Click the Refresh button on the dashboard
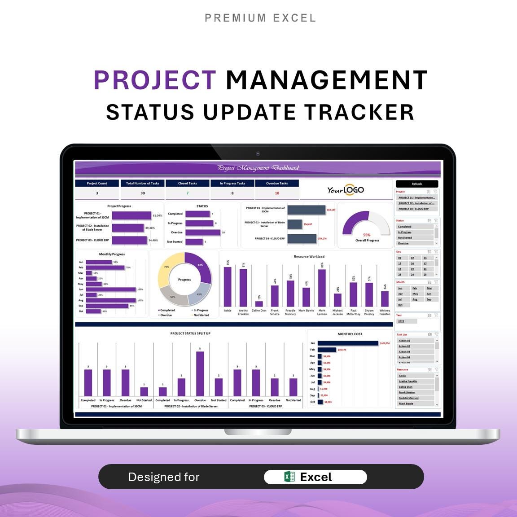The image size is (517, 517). pos(416,184)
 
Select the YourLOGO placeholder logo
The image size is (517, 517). pos(346,190)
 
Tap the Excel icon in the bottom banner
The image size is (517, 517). pos(289,477)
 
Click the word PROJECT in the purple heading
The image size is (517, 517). pos(155,80)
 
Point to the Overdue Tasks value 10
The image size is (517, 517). pos(277,193)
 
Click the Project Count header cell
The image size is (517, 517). pos(97,183)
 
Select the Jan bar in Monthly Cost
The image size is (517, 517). pos(348,343)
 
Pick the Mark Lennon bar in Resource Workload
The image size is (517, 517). pos(322,288)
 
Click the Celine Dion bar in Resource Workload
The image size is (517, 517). pos(259,303)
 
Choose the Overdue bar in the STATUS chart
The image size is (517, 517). pos(202,232)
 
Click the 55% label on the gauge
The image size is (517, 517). pos(367,235)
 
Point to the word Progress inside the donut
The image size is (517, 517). pos(184,280)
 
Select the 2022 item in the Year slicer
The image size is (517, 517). pos(401,321)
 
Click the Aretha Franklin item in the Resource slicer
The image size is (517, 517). pos(408,381)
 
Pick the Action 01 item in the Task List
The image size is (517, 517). pos(404,341)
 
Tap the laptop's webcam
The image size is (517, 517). pos(258,154)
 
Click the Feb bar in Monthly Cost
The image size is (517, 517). pos(327,350)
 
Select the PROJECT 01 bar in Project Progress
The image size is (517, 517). pos(131,216)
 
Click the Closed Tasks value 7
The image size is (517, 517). pos(188,193)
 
